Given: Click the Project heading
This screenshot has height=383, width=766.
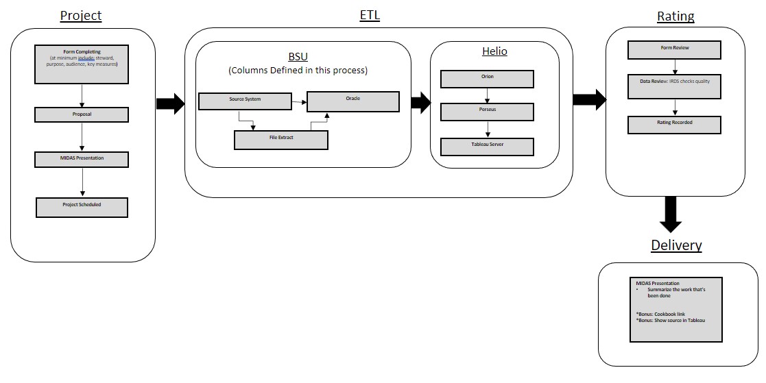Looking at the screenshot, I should tap(80, 16).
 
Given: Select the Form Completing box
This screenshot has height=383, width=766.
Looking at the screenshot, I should tap(82, 64).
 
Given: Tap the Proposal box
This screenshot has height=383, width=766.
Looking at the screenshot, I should tap(82, 114).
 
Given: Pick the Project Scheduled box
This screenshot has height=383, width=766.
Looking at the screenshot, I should tap(82, 207).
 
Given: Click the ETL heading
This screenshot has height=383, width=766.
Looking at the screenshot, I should tap(370, 15).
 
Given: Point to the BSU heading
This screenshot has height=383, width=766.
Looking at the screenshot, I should tap(298, 56).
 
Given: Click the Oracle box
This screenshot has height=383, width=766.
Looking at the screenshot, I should tap(352, 101).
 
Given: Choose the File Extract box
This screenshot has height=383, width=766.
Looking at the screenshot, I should tap(281, 140).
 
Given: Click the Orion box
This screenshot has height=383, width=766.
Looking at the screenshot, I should tap(487, 79).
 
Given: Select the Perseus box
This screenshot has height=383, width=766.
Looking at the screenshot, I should tap(487, 111).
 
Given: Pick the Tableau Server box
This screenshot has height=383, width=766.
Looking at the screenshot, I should tap(487, 147).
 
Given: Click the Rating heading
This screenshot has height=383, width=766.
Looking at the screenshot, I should tap(675, 16).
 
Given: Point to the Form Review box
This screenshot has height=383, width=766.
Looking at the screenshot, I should tap(675, 50).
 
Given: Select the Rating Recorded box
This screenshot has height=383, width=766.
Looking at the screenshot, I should tap(675, 125).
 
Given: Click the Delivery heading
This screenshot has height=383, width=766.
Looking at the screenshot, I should tap(676, 245).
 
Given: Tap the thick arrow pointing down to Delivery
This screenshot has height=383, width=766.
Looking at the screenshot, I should tap(670, 214).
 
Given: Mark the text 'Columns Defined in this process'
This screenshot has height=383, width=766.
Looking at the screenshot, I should tap(298, 71).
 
